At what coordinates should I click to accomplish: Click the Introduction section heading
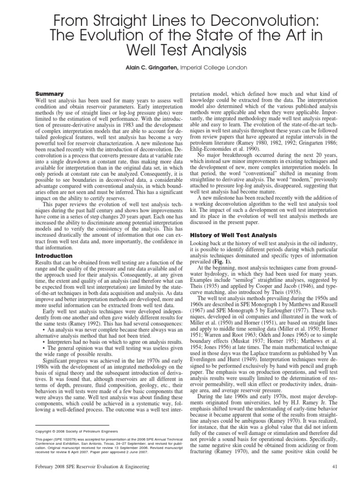click(x=54, y=255)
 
